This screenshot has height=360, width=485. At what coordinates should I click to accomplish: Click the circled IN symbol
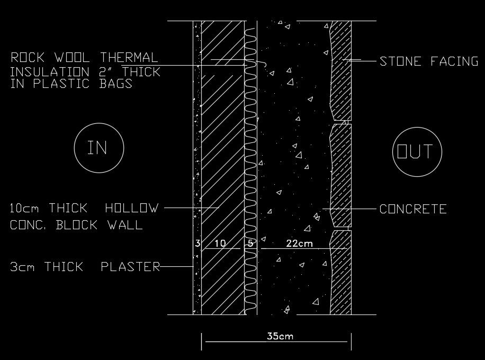coord(98,148)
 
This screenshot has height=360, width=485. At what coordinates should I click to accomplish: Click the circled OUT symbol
coord(415,152)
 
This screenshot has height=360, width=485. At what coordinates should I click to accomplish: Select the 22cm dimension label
coord(299,244)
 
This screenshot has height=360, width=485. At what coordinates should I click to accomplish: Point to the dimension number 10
coord(221,244)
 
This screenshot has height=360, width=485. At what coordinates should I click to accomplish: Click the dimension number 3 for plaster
coord(197,244)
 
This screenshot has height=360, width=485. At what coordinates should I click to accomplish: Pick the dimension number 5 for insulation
coord(250,244)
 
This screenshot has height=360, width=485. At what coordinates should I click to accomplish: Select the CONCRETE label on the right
coord(413,209)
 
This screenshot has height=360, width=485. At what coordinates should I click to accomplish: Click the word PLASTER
coord(130,267)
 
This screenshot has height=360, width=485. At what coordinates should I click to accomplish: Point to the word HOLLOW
coord(132,209)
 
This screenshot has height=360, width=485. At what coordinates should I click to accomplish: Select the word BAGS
coord(115,84)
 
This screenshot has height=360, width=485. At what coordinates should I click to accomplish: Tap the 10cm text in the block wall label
coord(25,209)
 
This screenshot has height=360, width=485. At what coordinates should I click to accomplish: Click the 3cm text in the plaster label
coord(22,267)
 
